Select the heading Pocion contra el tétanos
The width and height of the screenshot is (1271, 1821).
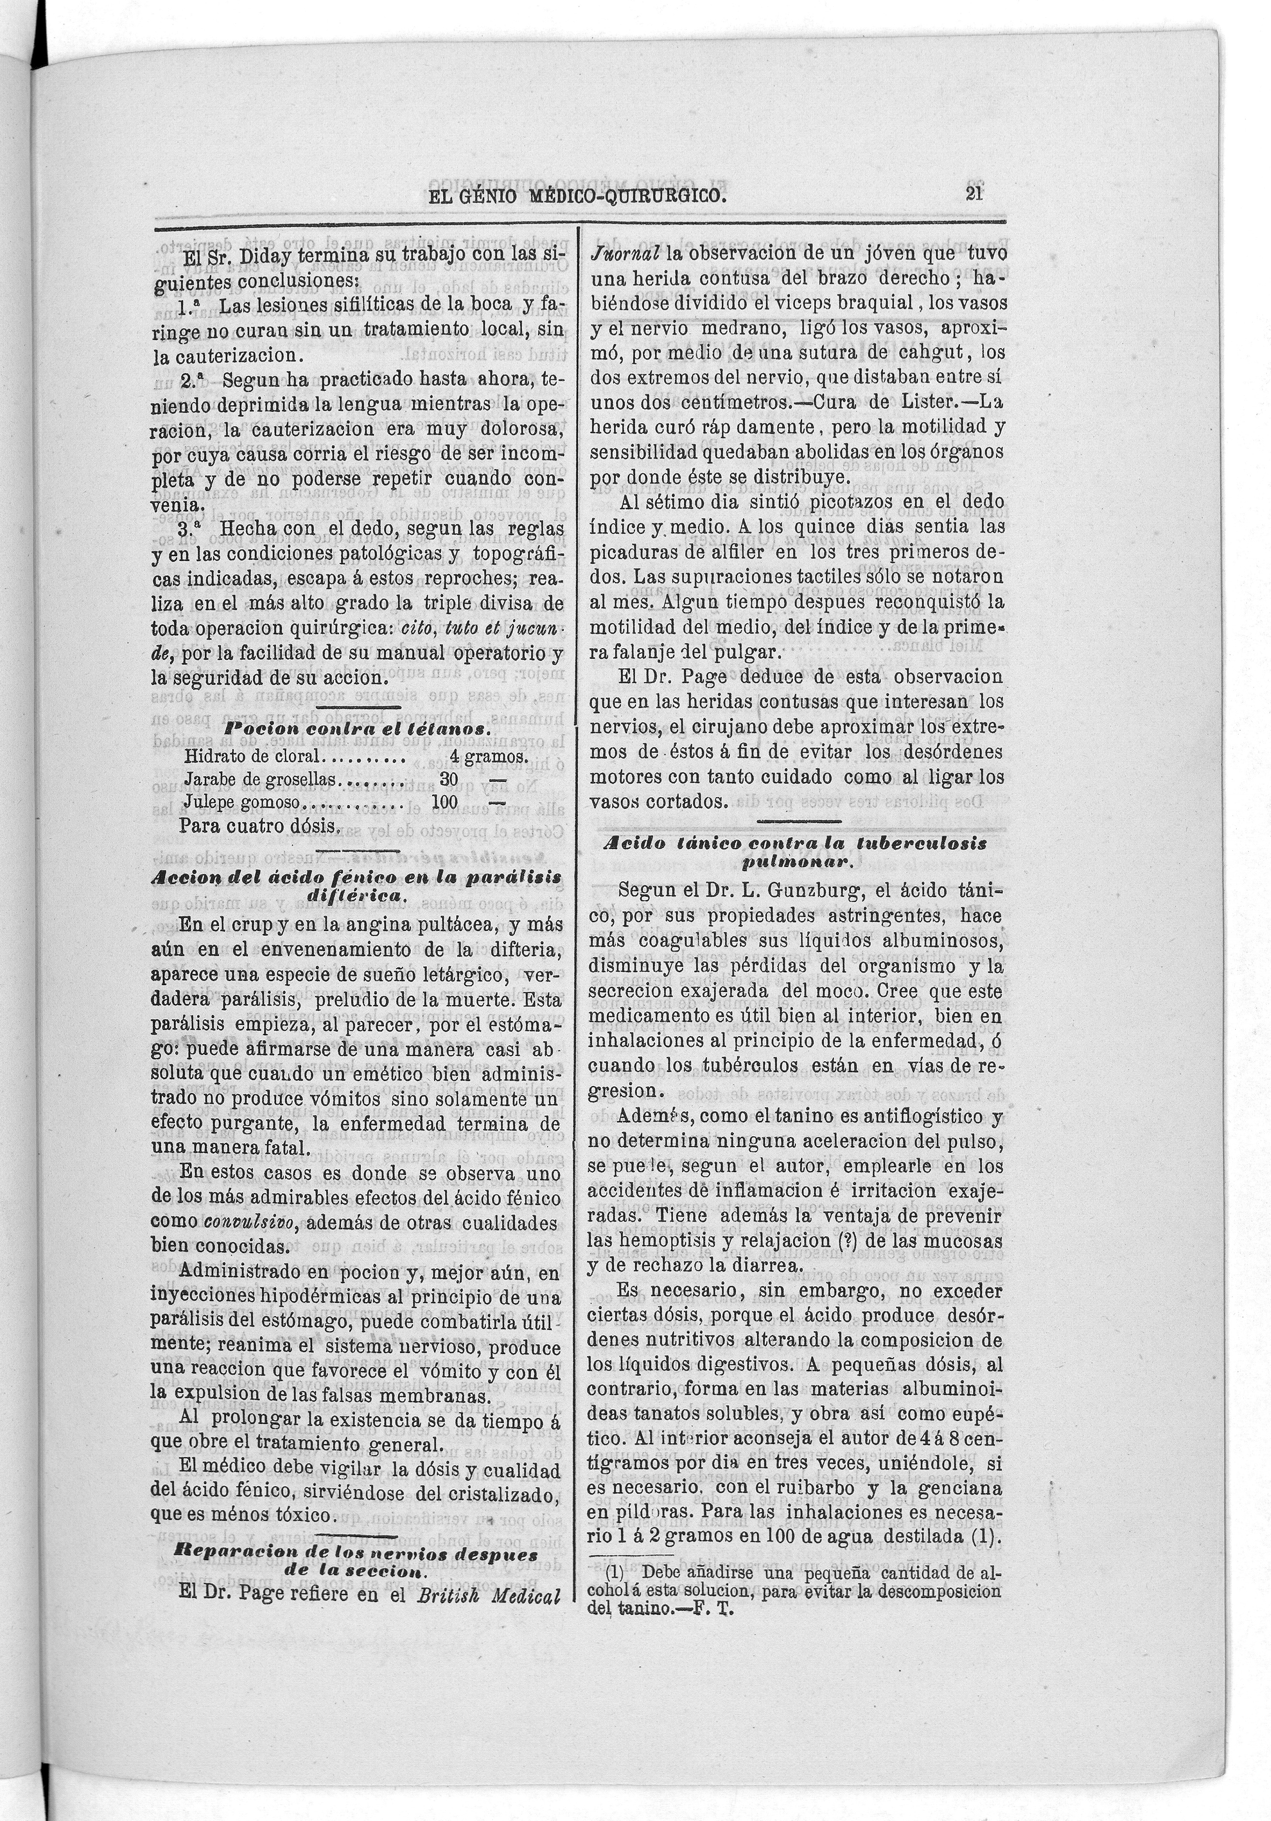coord(356,728)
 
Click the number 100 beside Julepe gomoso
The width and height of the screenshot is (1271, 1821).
coord(445,802)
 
